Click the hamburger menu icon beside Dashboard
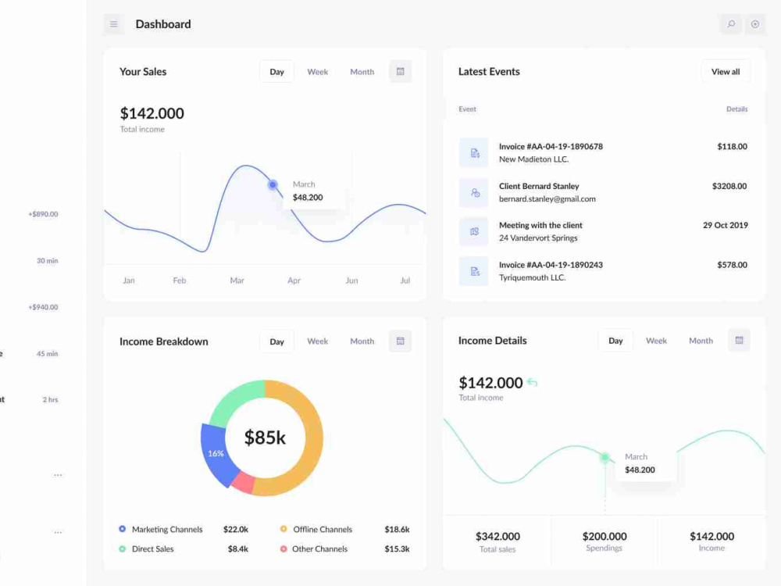113,24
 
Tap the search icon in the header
731,24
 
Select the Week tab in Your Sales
317,72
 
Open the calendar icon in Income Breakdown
400,341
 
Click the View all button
726,72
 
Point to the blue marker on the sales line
273,185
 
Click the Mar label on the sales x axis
237,280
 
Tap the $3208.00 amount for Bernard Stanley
729,187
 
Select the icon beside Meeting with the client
474,232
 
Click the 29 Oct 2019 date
726,225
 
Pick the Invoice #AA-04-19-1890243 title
551,265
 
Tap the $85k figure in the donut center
265,438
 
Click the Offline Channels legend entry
323,529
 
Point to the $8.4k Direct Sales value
237,549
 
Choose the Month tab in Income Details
701,341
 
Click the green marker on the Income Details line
604,457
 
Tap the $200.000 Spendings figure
604,536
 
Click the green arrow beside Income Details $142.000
532,383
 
